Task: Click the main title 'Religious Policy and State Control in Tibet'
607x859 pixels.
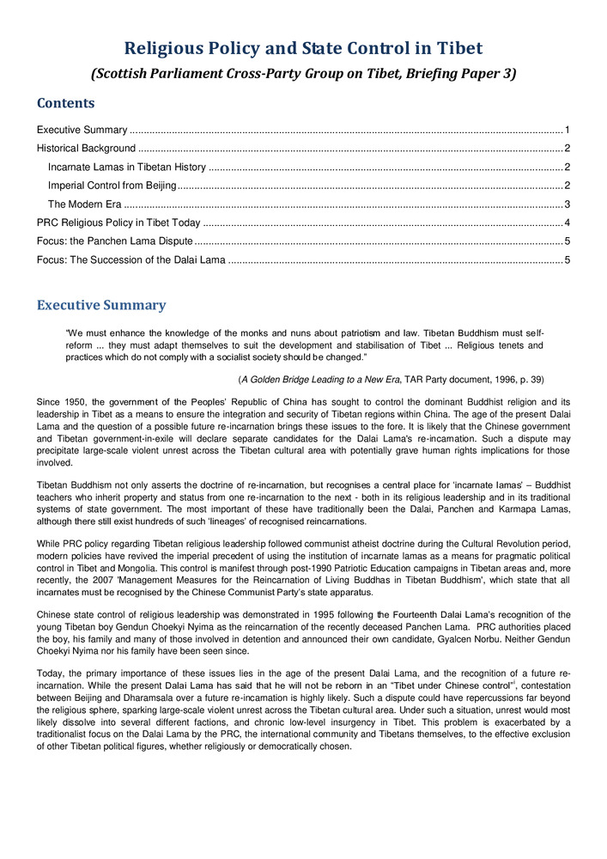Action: pyautogui.click(x=303, y=48)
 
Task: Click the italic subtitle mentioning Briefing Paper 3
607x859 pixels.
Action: pyautogui.click(x=303, y=74)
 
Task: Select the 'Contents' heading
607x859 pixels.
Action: pyautogui.click(x=65, y=104)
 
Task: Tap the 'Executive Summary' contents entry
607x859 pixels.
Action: pyautogui.click(x=82, y=130)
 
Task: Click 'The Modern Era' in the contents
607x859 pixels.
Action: pyautogui.click(x=84, y=204)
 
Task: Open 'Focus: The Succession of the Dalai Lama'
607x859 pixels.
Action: pyautogui.click(x=131, y=259)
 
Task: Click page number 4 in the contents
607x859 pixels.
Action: pyautogui.click(x=568, y=222)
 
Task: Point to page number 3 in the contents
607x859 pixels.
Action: pyautogui.click(x=568, y=204)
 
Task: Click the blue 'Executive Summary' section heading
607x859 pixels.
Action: pyautogui.click(x=101, y=306)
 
